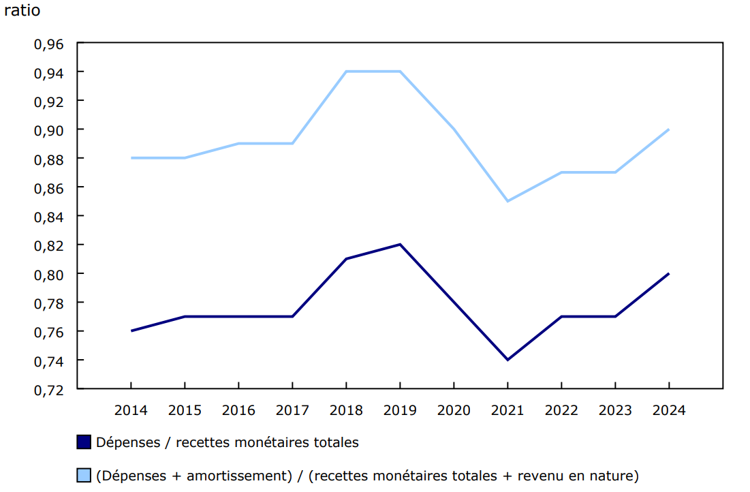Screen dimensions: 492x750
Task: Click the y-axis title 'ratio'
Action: (x=21, y=12)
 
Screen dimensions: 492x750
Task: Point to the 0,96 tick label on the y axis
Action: (x=48, y=44)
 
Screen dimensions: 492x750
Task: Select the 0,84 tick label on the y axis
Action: (x=48, y=216)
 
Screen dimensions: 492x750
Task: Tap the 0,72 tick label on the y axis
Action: (x=48, y=389)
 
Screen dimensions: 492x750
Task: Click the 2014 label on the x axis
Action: (x=131, y=410)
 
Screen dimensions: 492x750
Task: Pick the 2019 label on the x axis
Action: (x=400, y=410)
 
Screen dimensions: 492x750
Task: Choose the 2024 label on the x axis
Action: (x=669, y=410)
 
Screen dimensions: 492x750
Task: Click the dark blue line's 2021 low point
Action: (x=507, y=360)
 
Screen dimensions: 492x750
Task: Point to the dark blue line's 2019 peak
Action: (x=400, y=245)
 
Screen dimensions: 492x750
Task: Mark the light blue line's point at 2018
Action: (x=346, y=72)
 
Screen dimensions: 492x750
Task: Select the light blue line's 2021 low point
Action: (x=507, y=201)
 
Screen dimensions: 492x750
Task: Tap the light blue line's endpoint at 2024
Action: (x=669, y=129)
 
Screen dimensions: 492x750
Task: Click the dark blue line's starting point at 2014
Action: (x=131, y=331)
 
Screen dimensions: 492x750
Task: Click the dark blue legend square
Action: (x=84, y=442)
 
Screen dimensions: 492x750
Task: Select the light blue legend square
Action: (x=84, y=475)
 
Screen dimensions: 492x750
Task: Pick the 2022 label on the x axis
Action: (x=561, y=410)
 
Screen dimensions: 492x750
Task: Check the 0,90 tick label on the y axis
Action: (x=48, y=129)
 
